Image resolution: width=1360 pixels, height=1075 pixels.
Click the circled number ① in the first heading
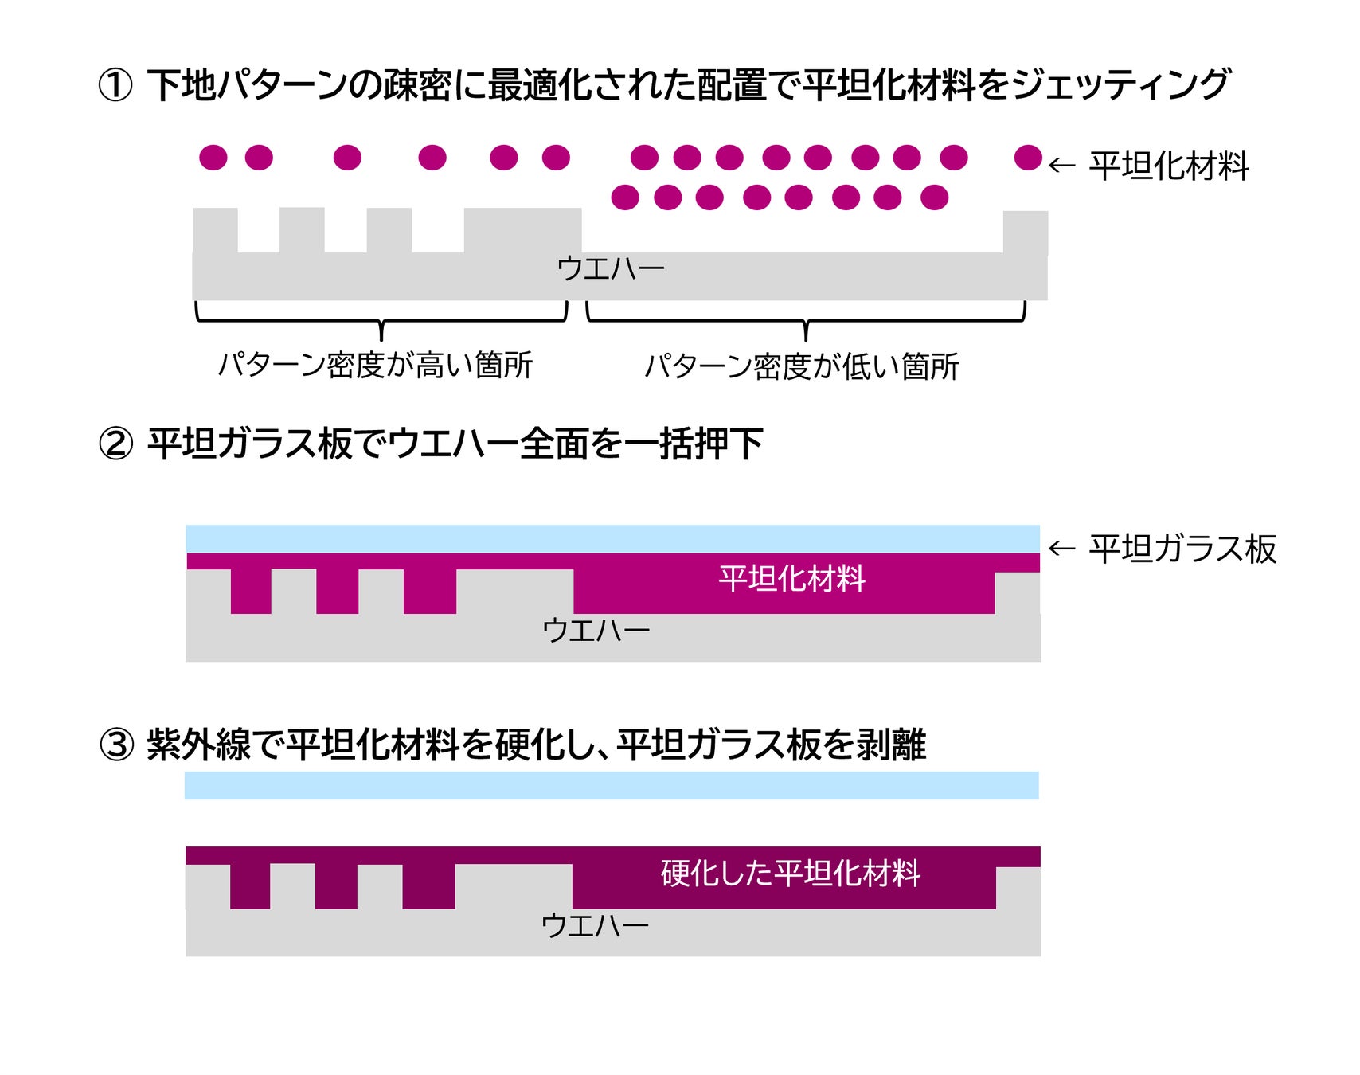pyautogui.click(x=115, y=85)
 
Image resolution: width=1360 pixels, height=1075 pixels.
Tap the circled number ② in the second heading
pyautogui.click(x=115, y=444)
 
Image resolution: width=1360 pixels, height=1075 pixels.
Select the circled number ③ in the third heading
pyautogui.click(x=116, y=745)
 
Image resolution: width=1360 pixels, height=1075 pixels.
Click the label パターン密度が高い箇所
pyautogui.click(x=375, y=365)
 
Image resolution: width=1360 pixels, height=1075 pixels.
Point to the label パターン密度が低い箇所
pyautogui.click(x=802, y=366)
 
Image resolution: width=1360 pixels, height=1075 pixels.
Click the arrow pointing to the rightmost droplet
pyautogui.click(x=1061, y=166)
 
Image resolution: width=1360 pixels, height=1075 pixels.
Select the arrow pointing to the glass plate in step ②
pyautogui.click(x=1061, y=549)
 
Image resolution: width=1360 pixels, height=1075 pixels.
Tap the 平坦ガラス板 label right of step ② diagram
pyautogui.click(x=1182, y=549)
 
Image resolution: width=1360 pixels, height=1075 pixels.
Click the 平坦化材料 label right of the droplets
pyautogui.click(x=1169, y=166)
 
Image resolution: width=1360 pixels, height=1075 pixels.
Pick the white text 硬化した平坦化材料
pyautogui.click(x=791, y=874)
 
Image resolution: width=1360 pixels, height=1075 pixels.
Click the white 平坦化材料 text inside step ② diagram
pyautogui.click(x=791, y=579)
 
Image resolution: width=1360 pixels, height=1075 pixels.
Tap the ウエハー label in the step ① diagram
pyautogui.click(x=611, y=268)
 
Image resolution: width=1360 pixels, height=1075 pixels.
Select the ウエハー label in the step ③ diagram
pyautogui.click(x=595, y=926)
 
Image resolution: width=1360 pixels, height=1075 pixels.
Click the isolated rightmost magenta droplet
pyautogui.click(x=1028, y=158)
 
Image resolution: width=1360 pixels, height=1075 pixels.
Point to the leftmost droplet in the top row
pyautogui.click(x=213, y=158)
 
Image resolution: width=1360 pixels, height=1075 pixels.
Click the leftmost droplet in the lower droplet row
pyautogui.click(x=625, y=197)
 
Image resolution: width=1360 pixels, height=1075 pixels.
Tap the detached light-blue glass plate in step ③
pyautogui.click(x=612, y=785)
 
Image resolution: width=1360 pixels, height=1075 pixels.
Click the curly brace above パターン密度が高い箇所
pyautogui.click(x=381, y=316)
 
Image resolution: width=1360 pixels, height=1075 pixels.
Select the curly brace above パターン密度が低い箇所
pyautogui.click(x=806, y=316)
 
